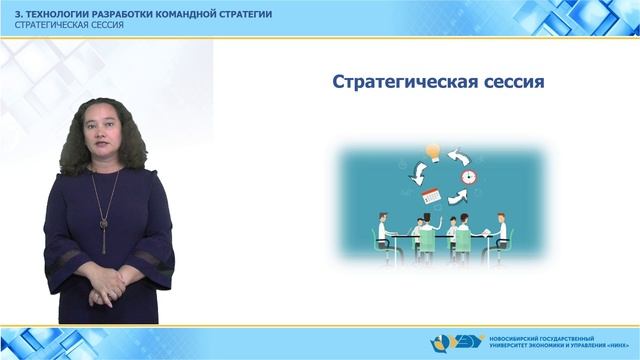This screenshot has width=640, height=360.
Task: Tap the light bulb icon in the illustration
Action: click(x=433, y=153)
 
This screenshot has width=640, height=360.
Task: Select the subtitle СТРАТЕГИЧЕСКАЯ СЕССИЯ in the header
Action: click(x=62, y=23)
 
